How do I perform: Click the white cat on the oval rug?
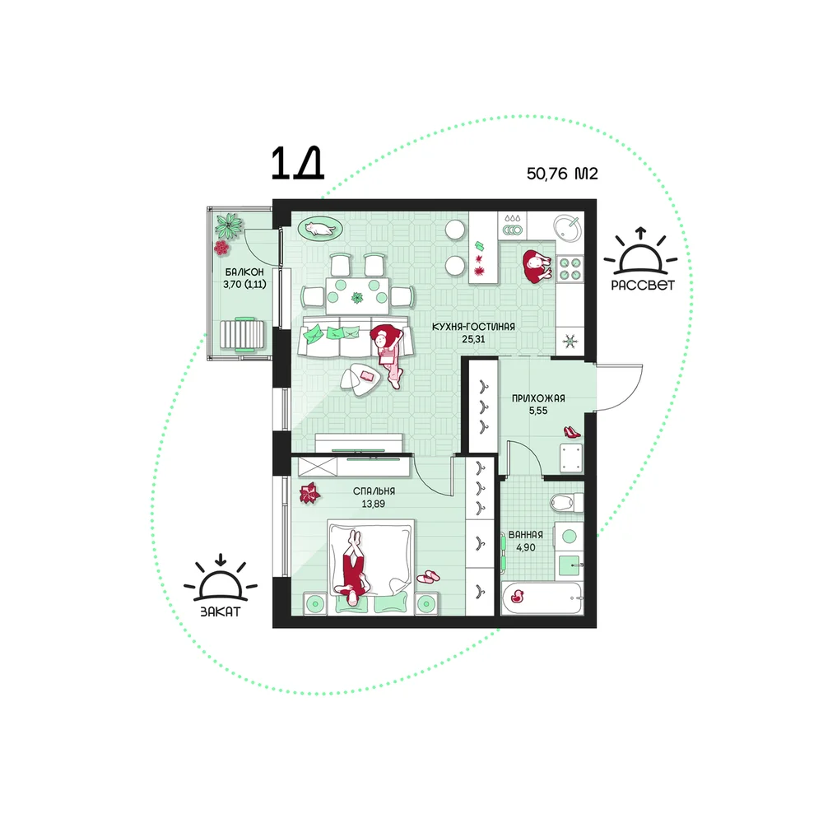(x=319, y=229)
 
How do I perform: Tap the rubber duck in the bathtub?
(x=518, y=596)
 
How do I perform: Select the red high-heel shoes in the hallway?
(x=572, y=432)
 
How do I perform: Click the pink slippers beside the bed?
(x=428, y=577)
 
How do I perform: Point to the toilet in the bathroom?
(x=567, y=502)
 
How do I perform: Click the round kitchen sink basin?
(x=567, y=228)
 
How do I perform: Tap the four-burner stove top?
(x=570, y=268)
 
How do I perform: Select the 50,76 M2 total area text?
(x=562, y=173)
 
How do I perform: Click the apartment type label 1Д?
(x=297, y=163)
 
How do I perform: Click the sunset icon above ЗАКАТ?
(x=221, y=578)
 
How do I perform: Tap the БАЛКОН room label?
(x=244, y=272)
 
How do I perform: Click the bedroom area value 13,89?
(x=373, y=504)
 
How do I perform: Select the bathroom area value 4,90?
(x=525, y=547)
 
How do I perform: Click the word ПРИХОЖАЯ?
(x=538, y=398)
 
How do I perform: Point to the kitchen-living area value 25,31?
(x=473, y=339)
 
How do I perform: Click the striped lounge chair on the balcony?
(x=244, y=334)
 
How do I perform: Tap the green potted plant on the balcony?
(x=228, y=226)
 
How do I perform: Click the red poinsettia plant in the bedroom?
(x=309, y=493)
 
